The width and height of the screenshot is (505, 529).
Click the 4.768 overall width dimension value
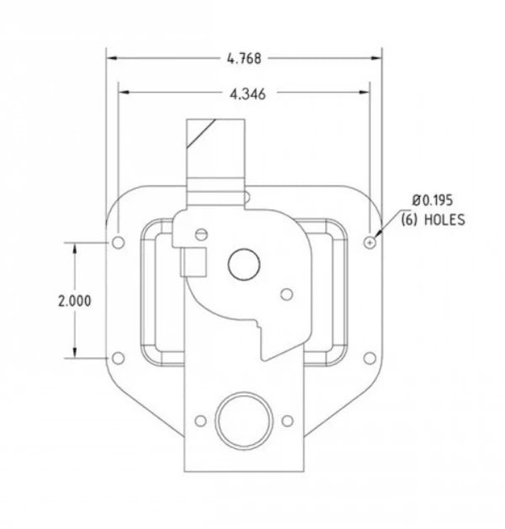coord(244,58)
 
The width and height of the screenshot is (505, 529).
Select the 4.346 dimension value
coord(247,94)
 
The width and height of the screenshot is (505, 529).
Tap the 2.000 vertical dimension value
coord(76,301)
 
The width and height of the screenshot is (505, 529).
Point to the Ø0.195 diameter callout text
coord(433,200)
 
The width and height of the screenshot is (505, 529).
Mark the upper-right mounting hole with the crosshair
coord(370,243)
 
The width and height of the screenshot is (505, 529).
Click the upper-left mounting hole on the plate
coord(118,243)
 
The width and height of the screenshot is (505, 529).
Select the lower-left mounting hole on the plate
coord(118,359)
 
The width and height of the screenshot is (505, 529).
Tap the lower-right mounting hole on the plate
coord(369,359)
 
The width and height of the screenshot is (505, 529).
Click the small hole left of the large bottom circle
coord(200,420)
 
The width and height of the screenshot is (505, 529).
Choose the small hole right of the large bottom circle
coord(287,420)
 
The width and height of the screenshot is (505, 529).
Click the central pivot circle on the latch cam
coord(243,264)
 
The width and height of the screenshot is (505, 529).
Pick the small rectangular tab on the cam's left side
coord(193,262)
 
